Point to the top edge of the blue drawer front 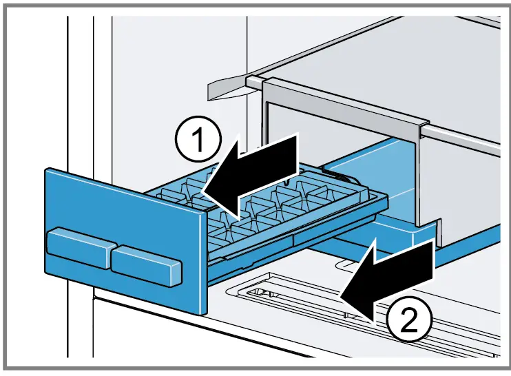tap(124, 190)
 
